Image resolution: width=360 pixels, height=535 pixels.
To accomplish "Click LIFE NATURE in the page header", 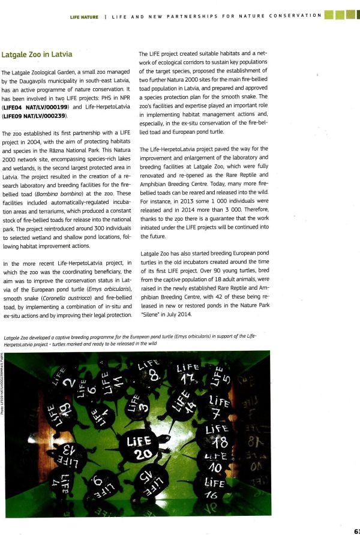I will (x=84, y=15).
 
